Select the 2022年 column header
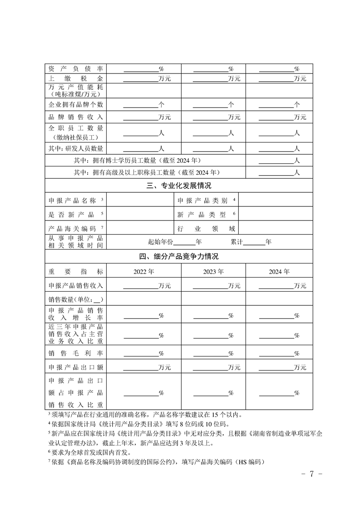[144, 272]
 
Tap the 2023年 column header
[213, 272]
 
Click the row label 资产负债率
[76, 69]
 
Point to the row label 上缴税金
[76, 78]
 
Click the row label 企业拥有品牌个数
[76, 104]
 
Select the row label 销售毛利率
[76, 353]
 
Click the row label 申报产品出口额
[76, 367]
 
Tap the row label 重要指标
[76, 272]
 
